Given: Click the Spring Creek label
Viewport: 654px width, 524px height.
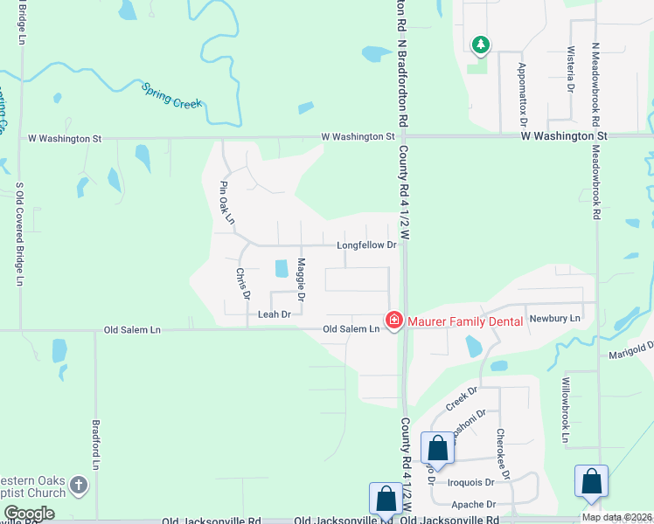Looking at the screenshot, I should [x=172, y=96].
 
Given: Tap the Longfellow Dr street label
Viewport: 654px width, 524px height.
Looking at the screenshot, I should [x=367, y=245].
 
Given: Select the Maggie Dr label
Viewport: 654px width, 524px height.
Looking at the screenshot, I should [x=301, y=279].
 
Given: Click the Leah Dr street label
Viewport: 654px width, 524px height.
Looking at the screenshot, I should [x=274, y=314].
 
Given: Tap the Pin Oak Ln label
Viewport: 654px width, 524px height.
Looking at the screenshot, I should [x=226, y=203].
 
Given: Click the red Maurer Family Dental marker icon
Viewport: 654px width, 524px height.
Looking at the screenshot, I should [x=394, y=321].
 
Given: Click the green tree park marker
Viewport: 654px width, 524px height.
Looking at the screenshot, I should [x=479, y=45].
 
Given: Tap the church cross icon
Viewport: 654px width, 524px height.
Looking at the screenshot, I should [x=79, y=485].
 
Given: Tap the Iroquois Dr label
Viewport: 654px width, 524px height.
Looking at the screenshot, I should [x=471, y=481].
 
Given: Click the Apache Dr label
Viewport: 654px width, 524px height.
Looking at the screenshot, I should [x=474, y=505].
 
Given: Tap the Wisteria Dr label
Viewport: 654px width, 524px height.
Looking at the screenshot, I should [x=570, y=70].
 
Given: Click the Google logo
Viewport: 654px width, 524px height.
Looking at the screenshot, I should [x=30, y=514].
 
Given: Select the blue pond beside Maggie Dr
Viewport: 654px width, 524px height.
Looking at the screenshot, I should [x=281, y=269].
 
